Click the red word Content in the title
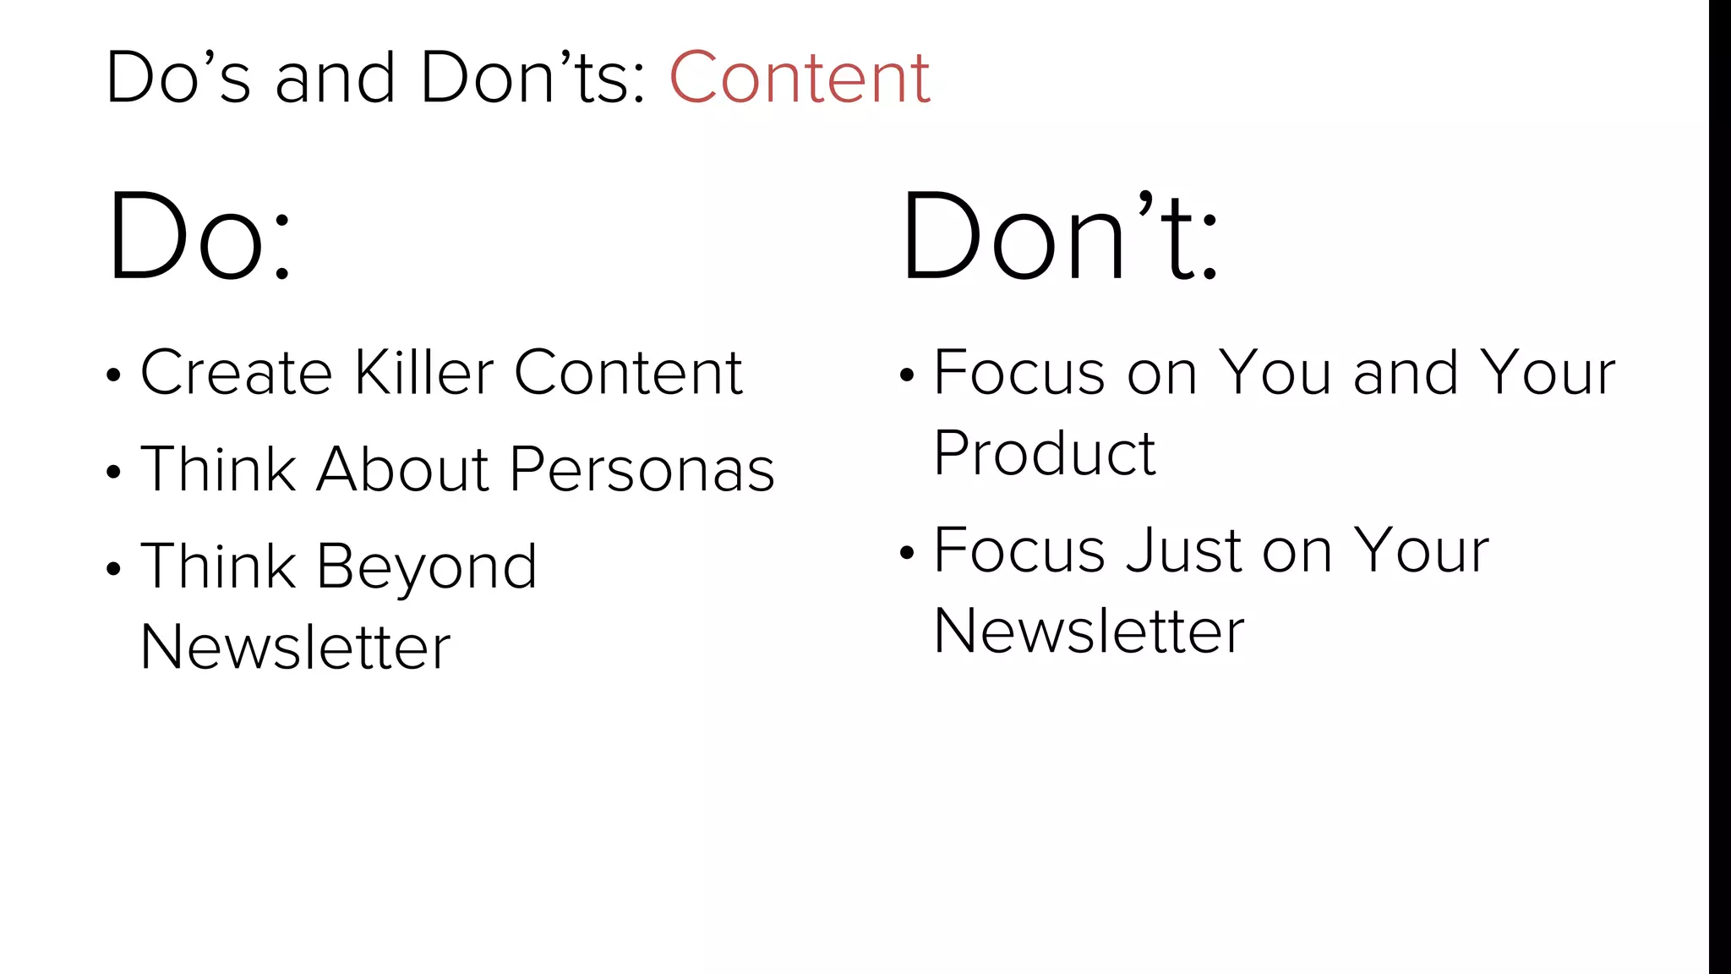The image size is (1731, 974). pos(800,78)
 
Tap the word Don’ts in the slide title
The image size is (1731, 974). pos(533,78)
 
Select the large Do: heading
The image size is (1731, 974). pos(199,237)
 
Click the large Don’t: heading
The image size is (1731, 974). pos(1060,237)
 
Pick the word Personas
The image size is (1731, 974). pos(642,470)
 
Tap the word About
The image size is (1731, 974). pos(402,469)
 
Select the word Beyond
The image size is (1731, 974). pos(427,567)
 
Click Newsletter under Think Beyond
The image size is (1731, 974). pos(295,648)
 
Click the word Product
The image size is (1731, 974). pos(1045,454)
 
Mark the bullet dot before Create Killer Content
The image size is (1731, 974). pos(114,375)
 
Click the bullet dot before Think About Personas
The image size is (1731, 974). pos(114,472)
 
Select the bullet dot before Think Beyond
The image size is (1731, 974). pos(114,569)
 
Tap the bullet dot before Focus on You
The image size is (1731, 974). pos(907,375)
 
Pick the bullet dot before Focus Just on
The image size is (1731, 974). pos(907,553)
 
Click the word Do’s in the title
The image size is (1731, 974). pos(178,78)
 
